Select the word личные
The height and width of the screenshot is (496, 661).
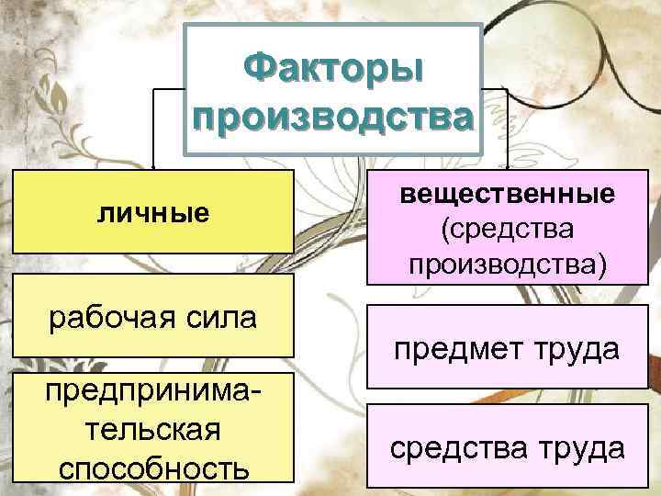click(x=153, y=213)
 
